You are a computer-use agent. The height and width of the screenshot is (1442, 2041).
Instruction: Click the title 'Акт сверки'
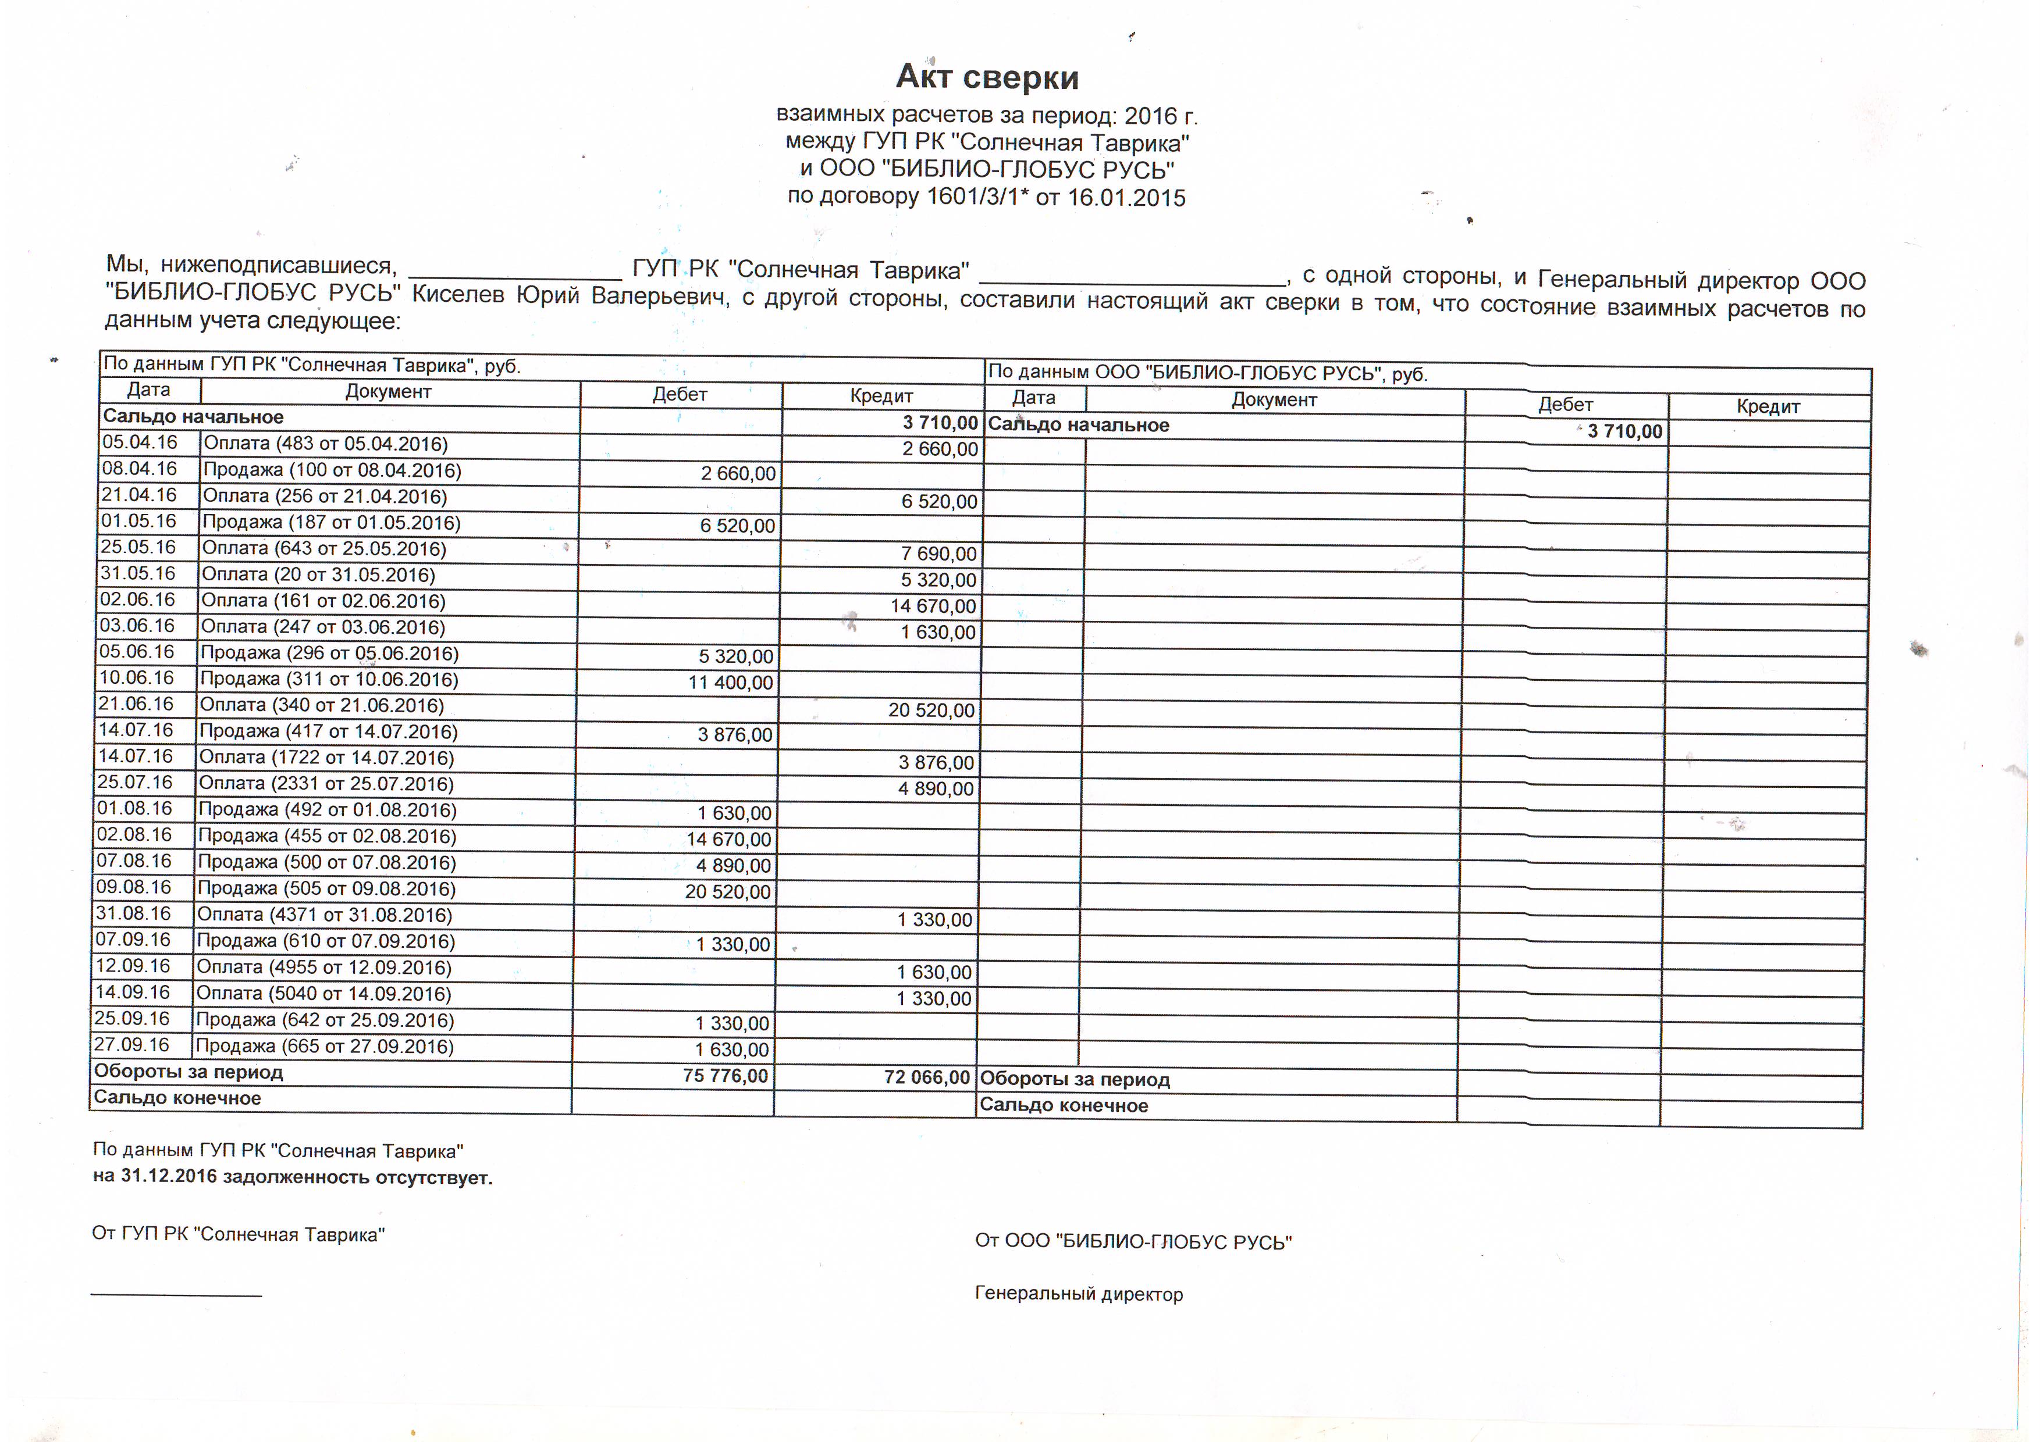tap(987, 77)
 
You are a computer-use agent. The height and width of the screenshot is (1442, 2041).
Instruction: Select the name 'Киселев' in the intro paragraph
tap(458, 294)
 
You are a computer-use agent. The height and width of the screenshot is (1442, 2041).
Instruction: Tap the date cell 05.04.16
tap(140, 442)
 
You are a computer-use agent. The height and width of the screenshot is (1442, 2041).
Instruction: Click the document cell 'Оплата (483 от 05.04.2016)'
tap(325, 444)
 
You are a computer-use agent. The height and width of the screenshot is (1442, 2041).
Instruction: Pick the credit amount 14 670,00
tap(933, 607)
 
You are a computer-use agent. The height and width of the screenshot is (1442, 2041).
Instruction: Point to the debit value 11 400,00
tap(731, 683)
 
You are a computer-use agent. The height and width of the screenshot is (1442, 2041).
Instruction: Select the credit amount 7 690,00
tap(938, 554)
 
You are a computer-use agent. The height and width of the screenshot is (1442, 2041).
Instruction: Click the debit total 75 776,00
tap(726, 1076)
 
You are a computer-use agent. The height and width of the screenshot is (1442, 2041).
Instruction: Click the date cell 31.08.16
tap(133, 913)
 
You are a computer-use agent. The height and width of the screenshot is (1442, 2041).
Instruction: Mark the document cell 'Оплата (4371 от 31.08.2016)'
tap(325, 915)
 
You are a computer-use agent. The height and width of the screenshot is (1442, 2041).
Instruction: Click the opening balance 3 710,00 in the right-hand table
tap(1624, 432)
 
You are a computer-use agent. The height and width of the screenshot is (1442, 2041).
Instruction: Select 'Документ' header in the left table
tap(389, 392)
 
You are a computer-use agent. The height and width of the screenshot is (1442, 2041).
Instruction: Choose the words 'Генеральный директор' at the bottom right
tap(1078, 1294)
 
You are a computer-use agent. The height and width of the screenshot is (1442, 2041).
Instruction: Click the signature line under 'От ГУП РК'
tap(176, 1294)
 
